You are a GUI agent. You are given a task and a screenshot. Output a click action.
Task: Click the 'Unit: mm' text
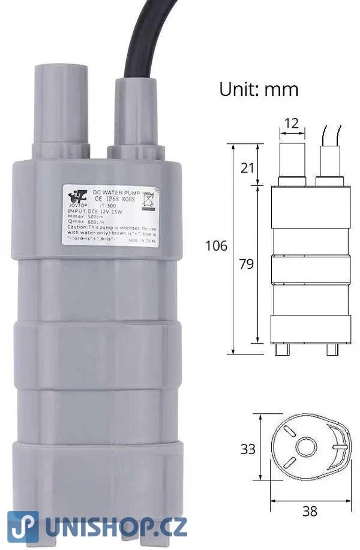pos(259,89)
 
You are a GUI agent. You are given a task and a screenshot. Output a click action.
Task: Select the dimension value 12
pos(291,124)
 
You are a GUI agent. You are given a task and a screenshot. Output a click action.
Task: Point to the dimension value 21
pos(248,168)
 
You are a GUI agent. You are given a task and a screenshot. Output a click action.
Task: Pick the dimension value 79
pos(246,264)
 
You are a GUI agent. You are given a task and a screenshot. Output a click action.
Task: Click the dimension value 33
pos(248,449)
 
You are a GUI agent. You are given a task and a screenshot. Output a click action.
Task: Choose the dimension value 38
pos(310,511)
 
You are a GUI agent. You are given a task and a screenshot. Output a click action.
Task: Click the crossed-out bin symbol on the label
pos(148,200)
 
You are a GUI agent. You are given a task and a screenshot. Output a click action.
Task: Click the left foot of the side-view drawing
pos(281,349)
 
